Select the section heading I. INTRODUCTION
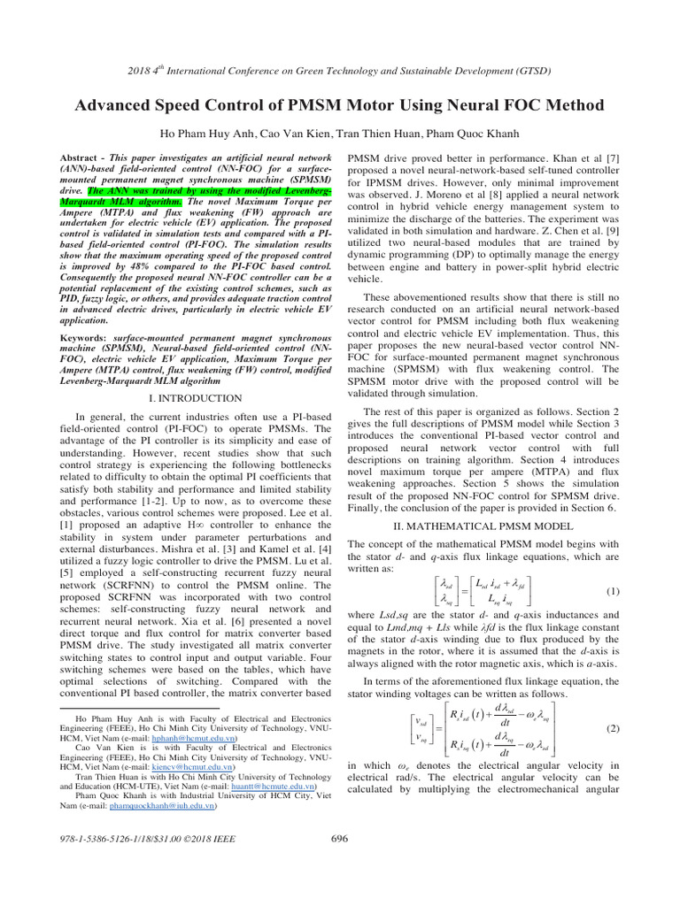pyautogui.click(x=196, y=399)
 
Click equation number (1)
pyautogui.click(x=612, y=592)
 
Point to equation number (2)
pyautogui.click(x=612, y=728)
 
